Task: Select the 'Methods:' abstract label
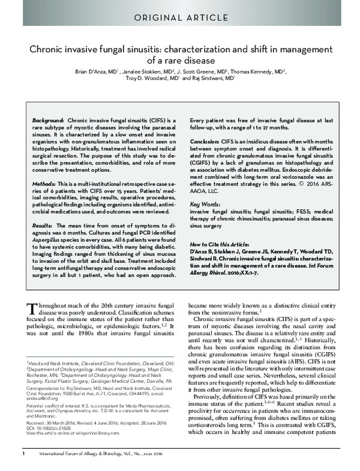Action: [x=44, y=182]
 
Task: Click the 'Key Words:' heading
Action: [x=204, y=205]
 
